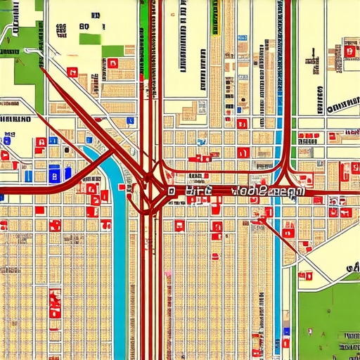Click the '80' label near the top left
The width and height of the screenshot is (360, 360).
coord(84,27)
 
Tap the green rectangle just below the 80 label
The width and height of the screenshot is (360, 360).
coord(89,39)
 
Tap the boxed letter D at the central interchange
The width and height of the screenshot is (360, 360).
coord(169,190)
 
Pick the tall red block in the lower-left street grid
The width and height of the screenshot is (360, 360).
coord(55,302)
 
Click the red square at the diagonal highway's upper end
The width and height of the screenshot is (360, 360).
coord(72,71)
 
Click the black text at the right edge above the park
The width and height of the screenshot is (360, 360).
coord(352,267)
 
